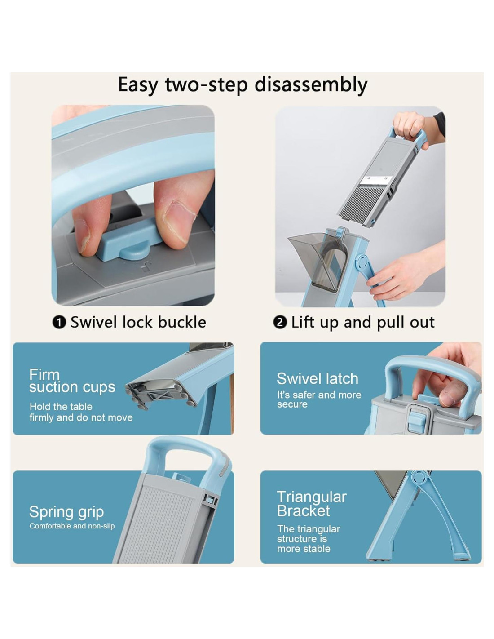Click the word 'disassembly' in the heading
point(311,84)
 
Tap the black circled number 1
point(59,323)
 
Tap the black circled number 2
point(280,323)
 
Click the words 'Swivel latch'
point(318,378)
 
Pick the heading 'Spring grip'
point(66,512)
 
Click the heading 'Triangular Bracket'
point(312,504)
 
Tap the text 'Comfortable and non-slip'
point(72,526)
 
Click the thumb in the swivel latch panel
point(451,395)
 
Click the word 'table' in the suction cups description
point(81,407)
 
